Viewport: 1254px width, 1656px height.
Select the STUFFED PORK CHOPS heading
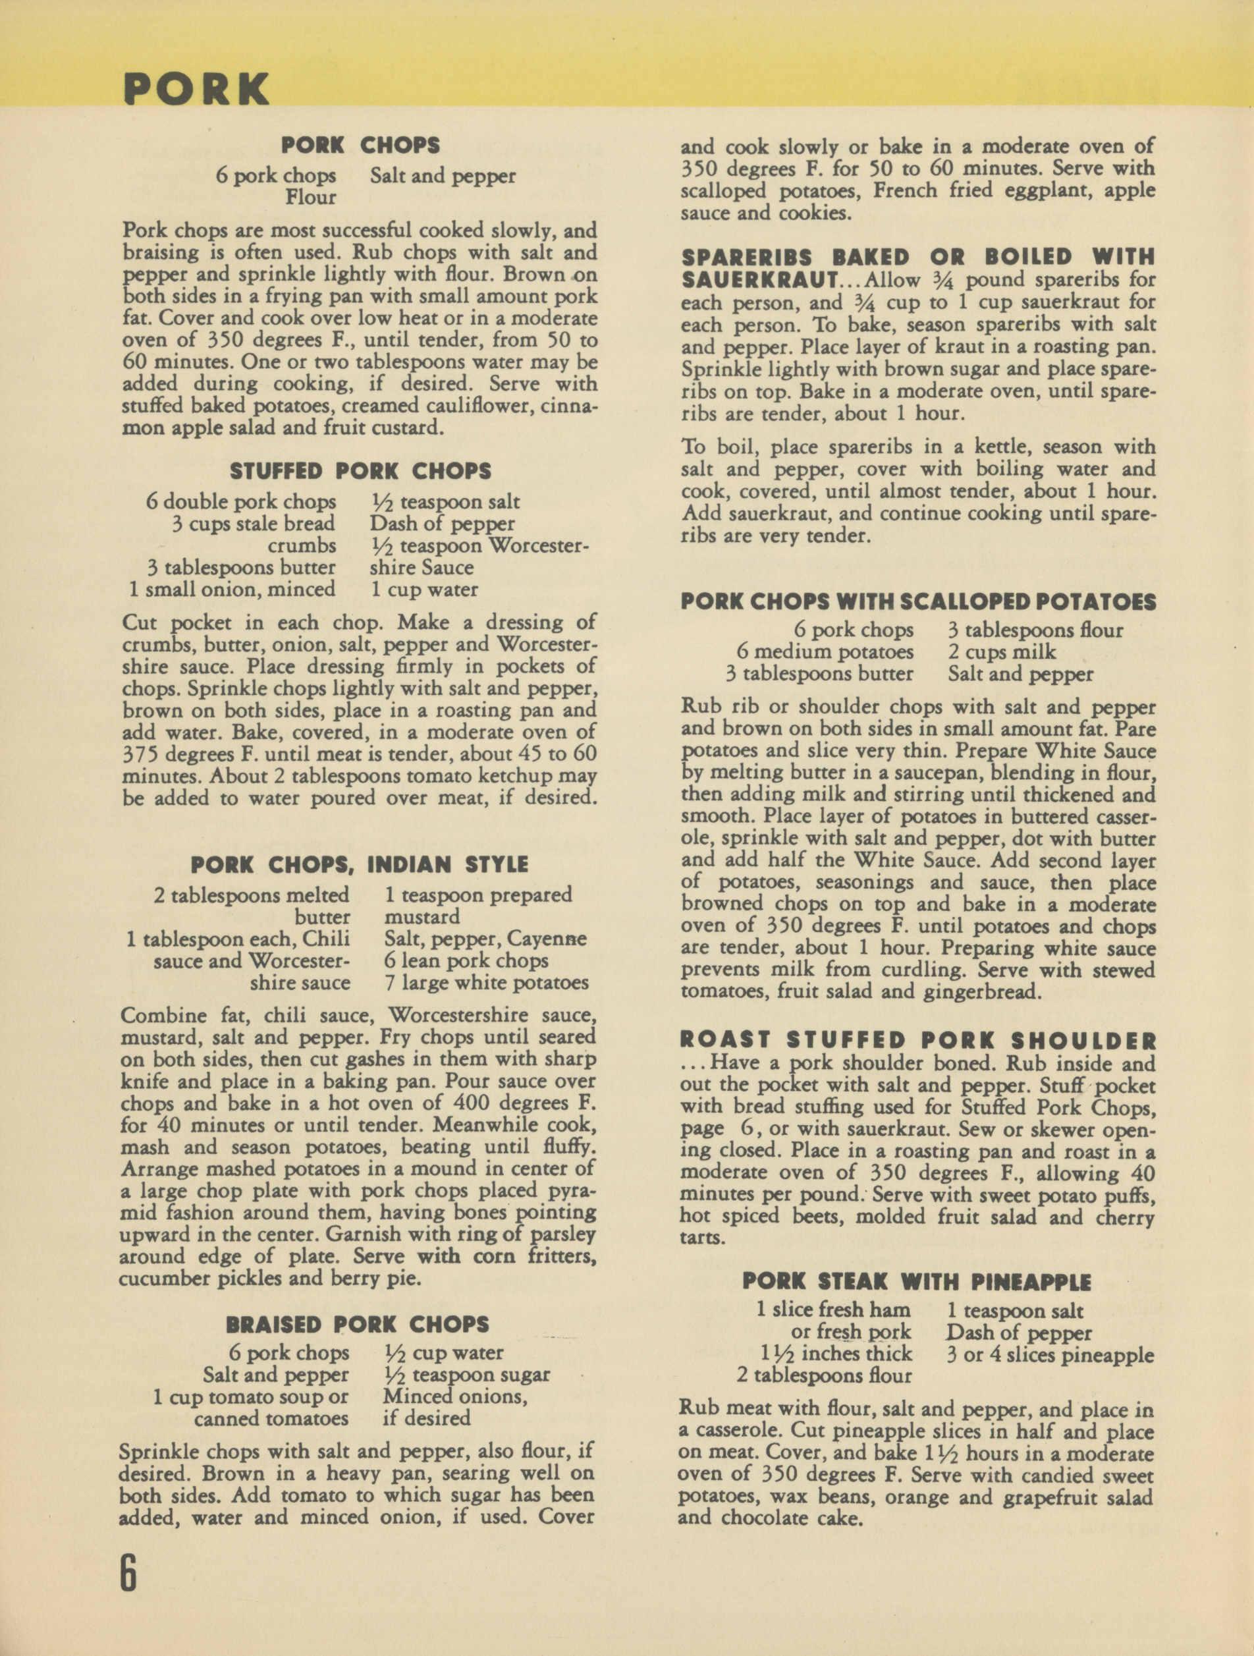point(360,471)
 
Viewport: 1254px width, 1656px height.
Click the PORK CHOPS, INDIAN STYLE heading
point(360,865)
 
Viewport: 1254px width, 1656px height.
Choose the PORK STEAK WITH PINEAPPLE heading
point(916,1282)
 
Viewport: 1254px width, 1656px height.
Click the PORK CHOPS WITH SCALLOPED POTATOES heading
point(918,602)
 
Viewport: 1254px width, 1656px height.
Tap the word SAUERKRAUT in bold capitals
point(759,281)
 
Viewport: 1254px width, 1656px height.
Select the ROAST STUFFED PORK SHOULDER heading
point(918,1041)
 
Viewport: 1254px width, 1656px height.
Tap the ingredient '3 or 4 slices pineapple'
point(1050,1355)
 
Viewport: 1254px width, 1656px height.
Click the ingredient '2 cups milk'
point(1002,652)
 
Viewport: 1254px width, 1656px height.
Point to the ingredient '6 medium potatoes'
point(825,652)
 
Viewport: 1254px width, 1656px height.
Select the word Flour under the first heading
point(311,198)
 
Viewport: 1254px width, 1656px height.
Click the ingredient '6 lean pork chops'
point(466,960)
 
